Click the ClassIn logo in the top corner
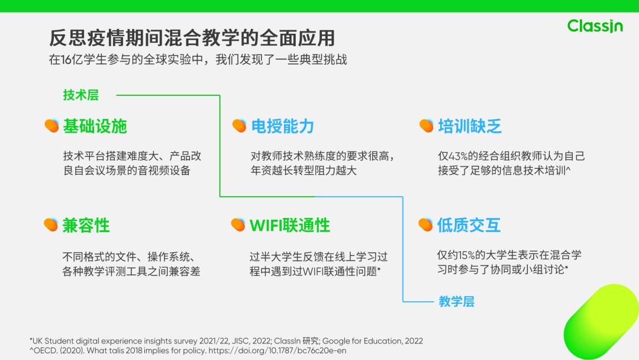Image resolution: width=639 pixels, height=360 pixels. pyautogui.click(x=595, y=26)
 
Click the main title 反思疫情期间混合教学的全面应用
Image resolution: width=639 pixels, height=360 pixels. pyautogui.click(x=192, y=38)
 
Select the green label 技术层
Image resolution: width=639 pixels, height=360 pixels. pyautogui.click(x=81, y=95)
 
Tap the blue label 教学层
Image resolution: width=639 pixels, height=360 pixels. pyautogui.click(x=456, y=301)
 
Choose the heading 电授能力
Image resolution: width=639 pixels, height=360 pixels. pyautogui.click(x=282, y=126)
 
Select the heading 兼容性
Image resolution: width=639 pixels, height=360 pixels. pyautogui.click(x=86, y=225)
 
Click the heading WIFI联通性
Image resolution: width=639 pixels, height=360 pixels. pyautogui.click(x=290, y=225)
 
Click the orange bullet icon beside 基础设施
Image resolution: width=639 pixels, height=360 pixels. pyautogui.click(x=51, y=126)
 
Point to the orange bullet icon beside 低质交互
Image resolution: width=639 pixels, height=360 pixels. pyautogui.click(x=425, y=225)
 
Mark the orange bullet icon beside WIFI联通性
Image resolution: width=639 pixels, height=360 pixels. pyautogui.click(x=238, y=225)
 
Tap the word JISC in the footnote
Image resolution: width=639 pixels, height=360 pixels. pyautogui.click(x=228, y=341)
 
